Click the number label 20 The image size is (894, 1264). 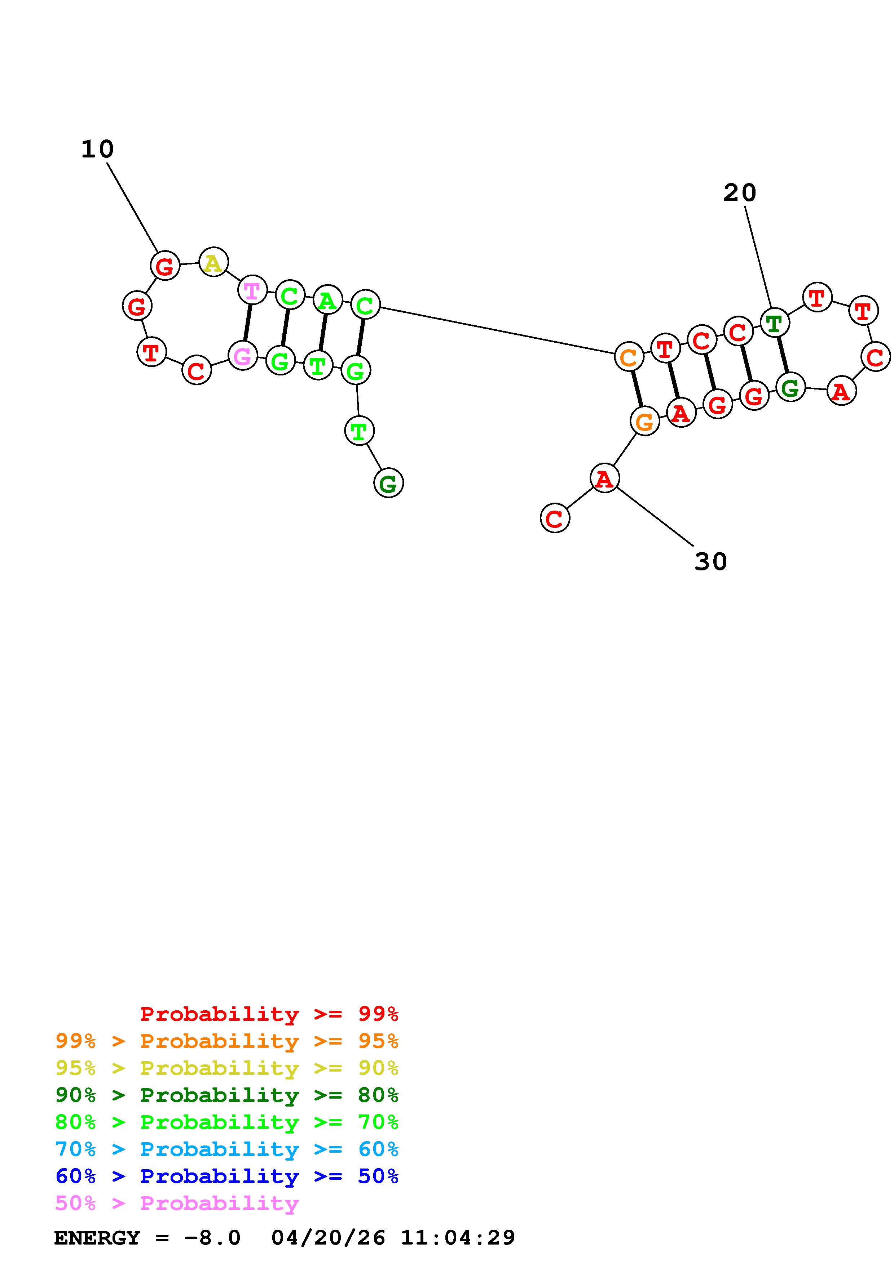coord(739,193)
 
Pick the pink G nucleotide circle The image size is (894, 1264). coord(243,356)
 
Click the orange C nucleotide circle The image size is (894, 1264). coord(629,358)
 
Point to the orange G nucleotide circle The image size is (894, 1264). coord(644,422)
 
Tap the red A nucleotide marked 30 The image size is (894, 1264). coord(604,479)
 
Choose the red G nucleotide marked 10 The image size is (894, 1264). coord(165,266)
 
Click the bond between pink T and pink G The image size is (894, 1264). coord(247,323)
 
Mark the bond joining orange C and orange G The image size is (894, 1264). coord(637,390)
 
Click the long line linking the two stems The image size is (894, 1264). coord(496,330)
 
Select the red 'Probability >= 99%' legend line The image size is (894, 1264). coord(269,1014)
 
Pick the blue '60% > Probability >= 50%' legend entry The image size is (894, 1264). coord(227,1176)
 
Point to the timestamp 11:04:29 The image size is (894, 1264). coord(458,1238)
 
